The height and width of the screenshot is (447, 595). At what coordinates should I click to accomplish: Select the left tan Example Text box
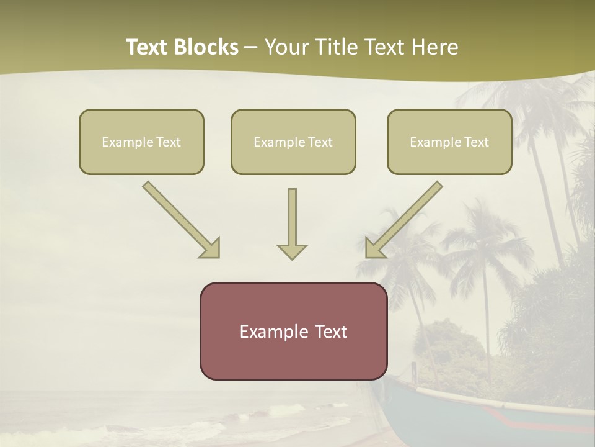coord(141,142)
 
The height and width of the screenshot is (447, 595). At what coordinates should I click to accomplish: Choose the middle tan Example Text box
coord(293,142)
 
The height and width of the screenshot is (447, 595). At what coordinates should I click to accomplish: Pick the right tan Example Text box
coord(449,142)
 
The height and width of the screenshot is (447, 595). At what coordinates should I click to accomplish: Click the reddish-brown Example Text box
coord(293,331)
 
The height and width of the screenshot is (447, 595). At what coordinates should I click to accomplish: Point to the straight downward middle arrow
coord(292,220)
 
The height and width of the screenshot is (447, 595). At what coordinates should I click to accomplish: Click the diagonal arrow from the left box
coord(180,217)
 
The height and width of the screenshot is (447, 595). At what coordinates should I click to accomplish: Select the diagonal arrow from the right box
coord(406,217)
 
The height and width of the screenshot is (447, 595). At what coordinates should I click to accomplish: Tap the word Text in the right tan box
coord(476,142)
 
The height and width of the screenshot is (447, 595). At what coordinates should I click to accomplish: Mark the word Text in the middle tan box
coord(320,142)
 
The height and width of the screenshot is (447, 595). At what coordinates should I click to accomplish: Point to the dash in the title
coord(251,47)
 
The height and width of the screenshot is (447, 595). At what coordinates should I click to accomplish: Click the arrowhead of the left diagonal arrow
coord(211,248)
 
